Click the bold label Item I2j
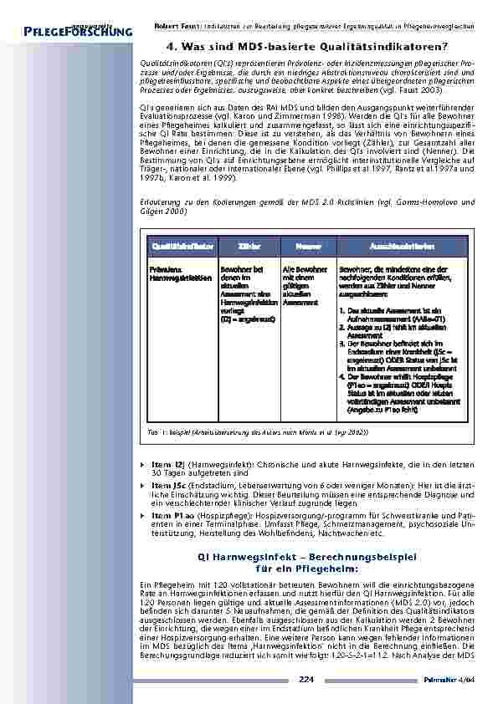click(167, 462)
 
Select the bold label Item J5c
click(167, 485)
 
